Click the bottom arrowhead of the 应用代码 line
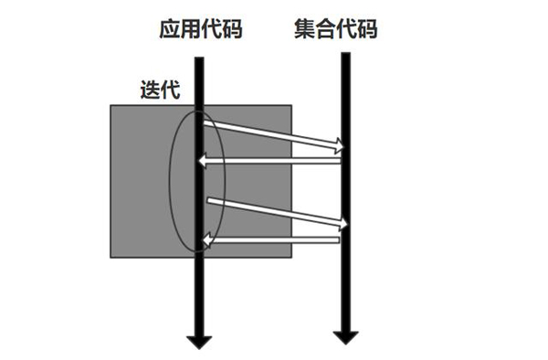point(200,341)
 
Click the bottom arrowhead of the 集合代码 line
point(344,336)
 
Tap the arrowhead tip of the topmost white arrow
point(345,144)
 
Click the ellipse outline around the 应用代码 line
point(172,178)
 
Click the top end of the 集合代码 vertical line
point(345,55)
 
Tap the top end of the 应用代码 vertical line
point(200,55)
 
